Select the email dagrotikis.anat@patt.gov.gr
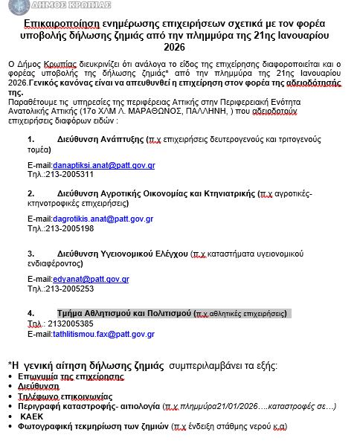[x=103, y=219]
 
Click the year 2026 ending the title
[x=179, y=48]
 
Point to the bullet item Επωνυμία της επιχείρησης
[x=70, y=377]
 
